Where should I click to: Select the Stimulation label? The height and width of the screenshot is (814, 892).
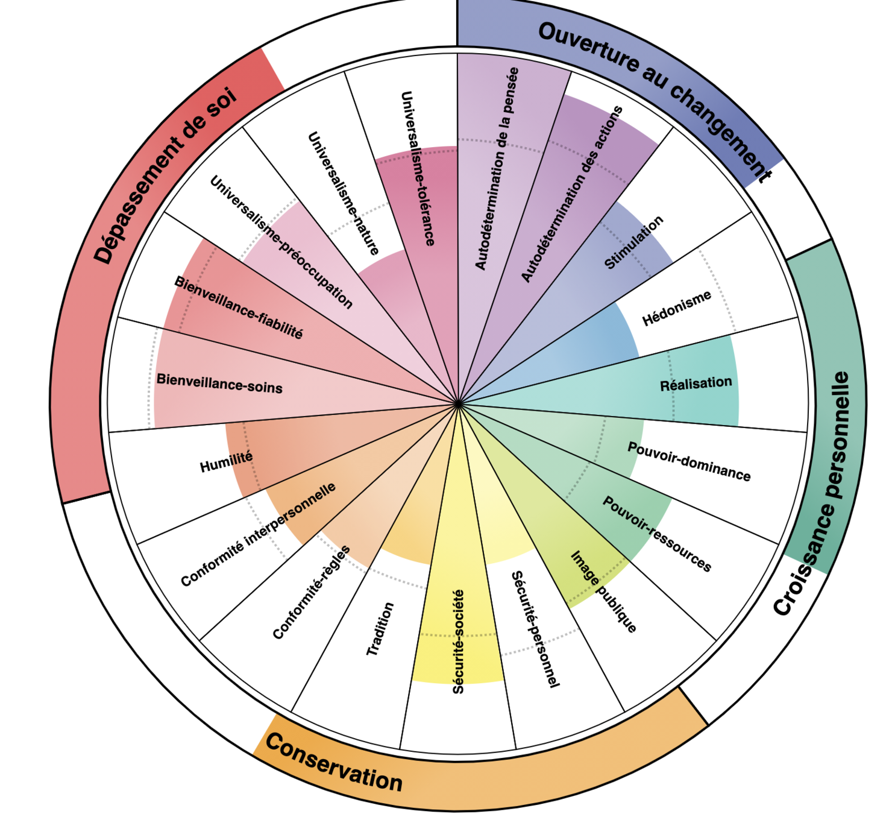click(x=633, y=242)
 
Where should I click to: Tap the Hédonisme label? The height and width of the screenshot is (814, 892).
click(x=676, y=308)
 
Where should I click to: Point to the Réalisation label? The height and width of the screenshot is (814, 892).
click(x=696, y=383)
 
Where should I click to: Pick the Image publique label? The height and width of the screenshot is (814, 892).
click(x=603, y=592)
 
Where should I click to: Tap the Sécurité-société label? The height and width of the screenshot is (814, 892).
click(x=459, y=642)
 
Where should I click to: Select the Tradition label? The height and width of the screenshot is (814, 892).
click(x=380, y=629)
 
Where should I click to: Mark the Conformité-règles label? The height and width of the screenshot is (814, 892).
click(x=311, y=592)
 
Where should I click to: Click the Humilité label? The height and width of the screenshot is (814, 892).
click(x=226, y=462)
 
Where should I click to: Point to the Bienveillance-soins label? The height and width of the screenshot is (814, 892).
click(x=219, y=383)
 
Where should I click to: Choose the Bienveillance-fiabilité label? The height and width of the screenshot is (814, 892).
click(x=239, y=308)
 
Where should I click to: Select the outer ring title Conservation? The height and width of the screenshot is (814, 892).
click(x=333, y=763)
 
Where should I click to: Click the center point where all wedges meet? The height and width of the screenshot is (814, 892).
click(x=458, y=403)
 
